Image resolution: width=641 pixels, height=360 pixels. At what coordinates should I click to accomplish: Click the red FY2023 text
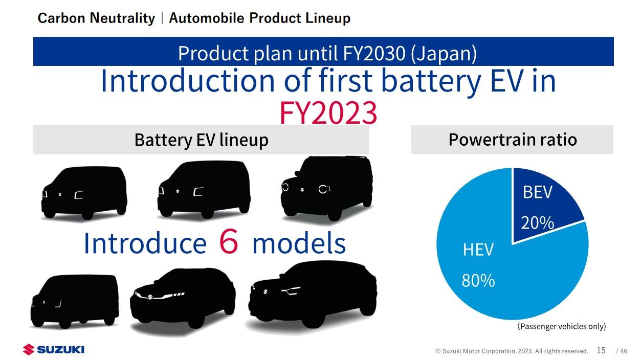click(328, 113)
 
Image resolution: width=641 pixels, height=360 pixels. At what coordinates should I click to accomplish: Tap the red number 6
click(229, 242)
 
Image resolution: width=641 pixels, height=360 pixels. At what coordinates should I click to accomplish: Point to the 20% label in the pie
click(538, 223)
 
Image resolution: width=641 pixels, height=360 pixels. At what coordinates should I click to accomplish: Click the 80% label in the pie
click(478, 281)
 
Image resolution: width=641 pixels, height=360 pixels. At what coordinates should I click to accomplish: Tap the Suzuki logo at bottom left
click(54, 349)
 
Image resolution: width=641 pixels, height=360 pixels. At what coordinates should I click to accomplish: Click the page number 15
click(601, 350)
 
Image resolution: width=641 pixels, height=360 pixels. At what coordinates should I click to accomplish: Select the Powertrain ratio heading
click(513, 140)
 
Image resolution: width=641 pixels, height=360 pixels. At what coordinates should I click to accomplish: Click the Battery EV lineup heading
click(202, 140)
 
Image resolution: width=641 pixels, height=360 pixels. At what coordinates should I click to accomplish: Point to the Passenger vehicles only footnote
click(561, 326)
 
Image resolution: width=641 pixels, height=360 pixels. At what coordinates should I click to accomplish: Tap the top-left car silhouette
click(84, 193)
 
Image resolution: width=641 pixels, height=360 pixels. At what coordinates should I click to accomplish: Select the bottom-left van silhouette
click(75, 301)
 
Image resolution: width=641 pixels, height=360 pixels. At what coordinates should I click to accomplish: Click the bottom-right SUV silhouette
click(313, 294)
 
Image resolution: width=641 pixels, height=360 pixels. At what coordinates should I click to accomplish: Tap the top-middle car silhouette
click(204, 190)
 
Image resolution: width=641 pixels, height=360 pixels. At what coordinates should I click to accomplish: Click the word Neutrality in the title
click(122, 18)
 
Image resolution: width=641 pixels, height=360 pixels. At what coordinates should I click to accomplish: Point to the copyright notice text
click(512, 351)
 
